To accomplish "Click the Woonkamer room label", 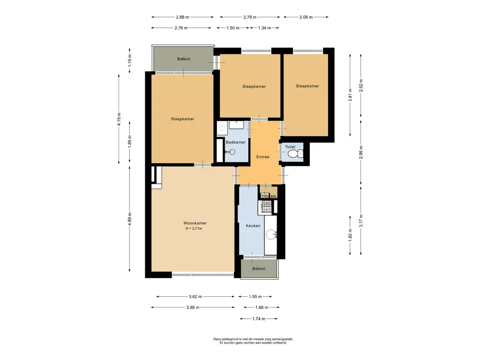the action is click(195, 223).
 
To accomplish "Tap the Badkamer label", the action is click(236, 142).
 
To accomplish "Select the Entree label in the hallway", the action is click(262, 157).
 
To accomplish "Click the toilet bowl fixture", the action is click(295, 153).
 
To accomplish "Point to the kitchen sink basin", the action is click(271, 235).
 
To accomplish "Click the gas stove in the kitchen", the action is click(266, 206).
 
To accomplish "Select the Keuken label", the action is click(253, 225).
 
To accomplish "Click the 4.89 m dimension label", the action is click(130, 219).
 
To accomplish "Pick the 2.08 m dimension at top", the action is click(306, 17).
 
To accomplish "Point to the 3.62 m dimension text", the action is click(195, 297).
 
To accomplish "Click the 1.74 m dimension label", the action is click(259, 319).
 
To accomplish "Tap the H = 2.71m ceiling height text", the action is click(194, 228).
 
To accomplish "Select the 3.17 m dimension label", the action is click(361, 221).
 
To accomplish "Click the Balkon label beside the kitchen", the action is click(259, 269).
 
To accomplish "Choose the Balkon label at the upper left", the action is click(184, 59).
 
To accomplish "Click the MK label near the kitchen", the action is click(273, 196).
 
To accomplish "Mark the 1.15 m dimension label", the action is click(130, 60).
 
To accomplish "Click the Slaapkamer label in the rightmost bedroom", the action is click(307, 86).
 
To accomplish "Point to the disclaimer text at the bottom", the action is click(253, 341).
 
